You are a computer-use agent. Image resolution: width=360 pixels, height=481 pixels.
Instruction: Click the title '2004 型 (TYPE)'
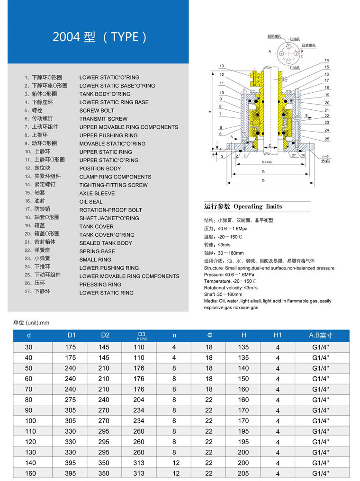point(99,37)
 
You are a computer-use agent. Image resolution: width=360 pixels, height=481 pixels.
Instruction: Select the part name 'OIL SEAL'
point(91,202)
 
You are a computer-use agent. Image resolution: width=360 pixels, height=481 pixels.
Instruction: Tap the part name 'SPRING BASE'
point(97,251)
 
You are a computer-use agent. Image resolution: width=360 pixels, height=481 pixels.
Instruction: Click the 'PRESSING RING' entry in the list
point(100,285)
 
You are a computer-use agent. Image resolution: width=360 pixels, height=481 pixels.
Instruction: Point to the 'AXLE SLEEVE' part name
point(97,193)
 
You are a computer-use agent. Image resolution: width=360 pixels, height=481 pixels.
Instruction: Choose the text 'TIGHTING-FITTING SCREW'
point(113,185)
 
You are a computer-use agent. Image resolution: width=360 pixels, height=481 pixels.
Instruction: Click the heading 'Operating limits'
point(258,206)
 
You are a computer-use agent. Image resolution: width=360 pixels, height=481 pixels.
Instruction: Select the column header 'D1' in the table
point(72,336)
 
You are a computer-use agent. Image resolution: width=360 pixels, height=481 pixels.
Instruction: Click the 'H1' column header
point(278,336)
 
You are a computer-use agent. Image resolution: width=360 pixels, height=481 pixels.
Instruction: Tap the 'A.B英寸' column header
point(321,336)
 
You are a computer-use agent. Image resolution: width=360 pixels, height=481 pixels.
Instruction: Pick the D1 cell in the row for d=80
point(72,400)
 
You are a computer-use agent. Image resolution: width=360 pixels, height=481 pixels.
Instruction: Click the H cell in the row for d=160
point(243,473)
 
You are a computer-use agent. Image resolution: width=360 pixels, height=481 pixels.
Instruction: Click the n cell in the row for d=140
point(174,463)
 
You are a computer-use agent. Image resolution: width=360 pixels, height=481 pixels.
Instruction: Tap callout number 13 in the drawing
point(222,66)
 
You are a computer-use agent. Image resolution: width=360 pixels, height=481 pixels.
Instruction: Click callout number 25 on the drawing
point(327,139)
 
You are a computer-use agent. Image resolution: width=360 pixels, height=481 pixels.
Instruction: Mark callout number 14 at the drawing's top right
point(327,60)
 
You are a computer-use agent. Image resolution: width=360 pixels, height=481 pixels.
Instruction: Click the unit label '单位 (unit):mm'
point(31,323)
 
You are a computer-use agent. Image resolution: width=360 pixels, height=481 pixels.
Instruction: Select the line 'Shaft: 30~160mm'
point(223,294)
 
